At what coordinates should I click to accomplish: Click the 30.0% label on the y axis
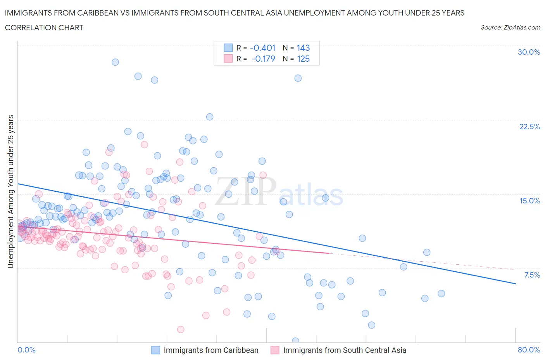point(529,52)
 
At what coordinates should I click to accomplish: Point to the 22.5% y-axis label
point(529,127)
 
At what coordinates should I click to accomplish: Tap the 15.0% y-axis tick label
point(529,201)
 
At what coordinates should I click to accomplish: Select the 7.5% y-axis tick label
point(532,275)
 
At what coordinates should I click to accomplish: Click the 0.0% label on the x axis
point(27,350)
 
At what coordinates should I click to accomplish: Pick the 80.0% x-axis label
point(529,350)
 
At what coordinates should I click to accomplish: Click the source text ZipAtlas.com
point(510,27)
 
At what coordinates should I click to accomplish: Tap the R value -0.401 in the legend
point(262,48)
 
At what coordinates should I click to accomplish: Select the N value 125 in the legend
point(303,59)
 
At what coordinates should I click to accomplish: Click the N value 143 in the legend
point(303,48)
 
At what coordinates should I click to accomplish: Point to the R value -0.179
point(263,59)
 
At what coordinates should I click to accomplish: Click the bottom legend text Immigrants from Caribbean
point(211,350)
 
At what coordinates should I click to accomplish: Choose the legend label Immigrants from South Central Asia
point(345,350)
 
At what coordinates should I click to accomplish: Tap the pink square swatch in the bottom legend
point(275,350)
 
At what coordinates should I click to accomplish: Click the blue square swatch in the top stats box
point(228,48)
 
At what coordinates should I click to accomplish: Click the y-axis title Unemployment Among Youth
point(11,191)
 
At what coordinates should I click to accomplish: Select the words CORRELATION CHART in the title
point(44,28)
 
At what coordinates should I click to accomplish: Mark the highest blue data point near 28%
point(115,62)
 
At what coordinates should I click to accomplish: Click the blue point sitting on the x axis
point(295,341)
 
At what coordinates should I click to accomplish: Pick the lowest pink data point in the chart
point(180,329)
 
